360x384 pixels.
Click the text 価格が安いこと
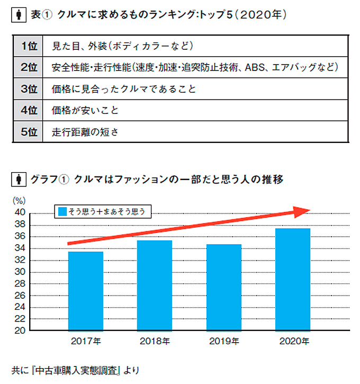[x=85, y=111]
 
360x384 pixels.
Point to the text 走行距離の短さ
[x=85, y=132]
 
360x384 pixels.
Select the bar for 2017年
[x=86, y=291]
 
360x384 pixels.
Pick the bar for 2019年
[x=224, y=287]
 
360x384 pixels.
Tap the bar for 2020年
[x=293, y=279]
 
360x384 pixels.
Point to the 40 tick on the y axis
[x=19, y=213]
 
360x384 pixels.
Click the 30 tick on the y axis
[x=19, y=272]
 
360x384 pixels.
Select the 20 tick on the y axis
[x=19, y=331]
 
